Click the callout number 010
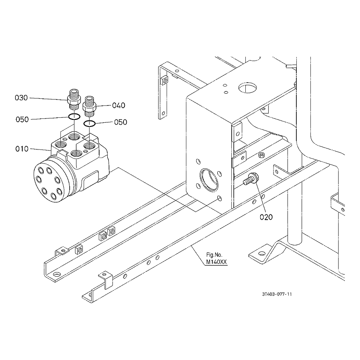click(21, 149)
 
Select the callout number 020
click(266, 217)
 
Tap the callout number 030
click(21, 98)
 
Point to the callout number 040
click(118, 105)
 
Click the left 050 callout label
click(22, 120)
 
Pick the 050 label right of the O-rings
click(121, 122)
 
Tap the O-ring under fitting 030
click(74, 117)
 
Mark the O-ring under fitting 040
click(90, 123)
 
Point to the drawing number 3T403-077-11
click(277, 294)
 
